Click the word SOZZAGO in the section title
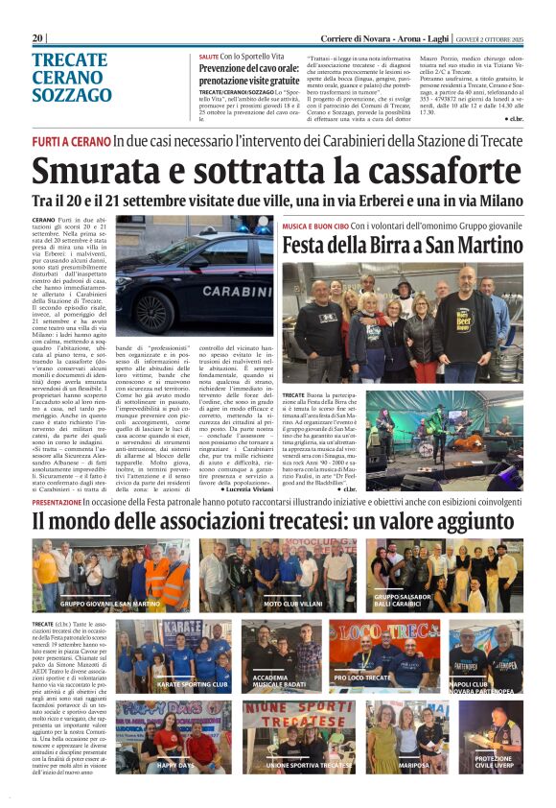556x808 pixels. [x=72, y=96]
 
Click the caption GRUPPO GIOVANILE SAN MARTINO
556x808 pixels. [x=110, y=604]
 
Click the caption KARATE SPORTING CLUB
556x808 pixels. [x=192, y=685]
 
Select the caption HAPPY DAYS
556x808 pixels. [x=176, y=765]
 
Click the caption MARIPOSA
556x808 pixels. [x=413, y=765]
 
